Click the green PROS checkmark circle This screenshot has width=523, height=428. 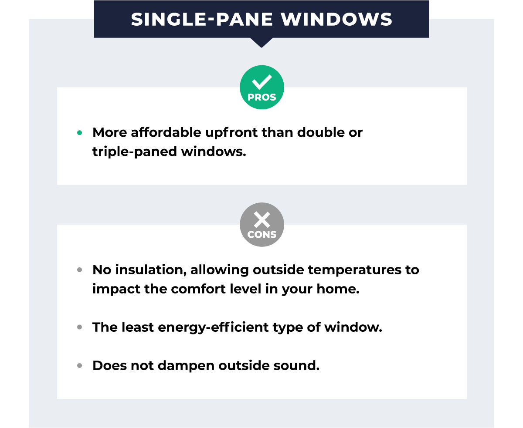[x=261, y=87]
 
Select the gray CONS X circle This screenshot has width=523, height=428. [x=261, y=225]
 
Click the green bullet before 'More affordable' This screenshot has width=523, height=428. [x=79, y=133]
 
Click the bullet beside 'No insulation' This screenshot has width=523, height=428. [x=79, y=270]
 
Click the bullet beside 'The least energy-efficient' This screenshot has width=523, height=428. [x=79, y=327]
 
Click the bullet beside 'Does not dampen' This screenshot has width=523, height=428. [x=79, y=366]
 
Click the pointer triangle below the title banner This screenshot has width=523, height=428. [x=261, y=42]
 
